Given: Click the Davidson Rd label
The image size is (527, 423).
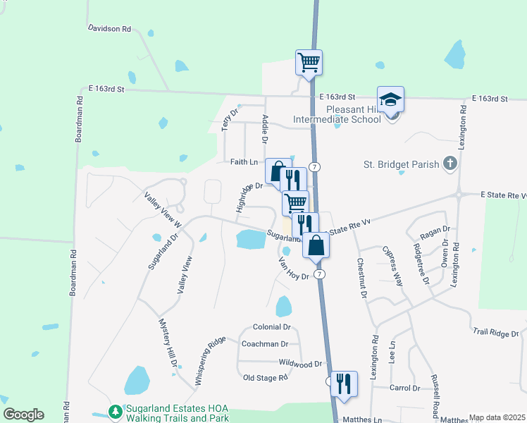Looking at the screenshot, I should tap(110, 29).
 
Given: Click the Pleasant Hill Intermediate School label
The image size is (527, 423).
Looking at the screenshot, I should tap(353, 114).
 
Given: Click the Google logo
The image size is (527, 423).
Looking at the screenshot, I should tap(23, 415).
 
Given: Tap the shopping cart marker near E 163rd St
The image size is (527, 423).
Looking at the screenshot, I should tap(309, 63).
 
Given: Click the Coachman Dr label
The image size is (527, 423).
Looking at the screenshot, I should tap(264, 344).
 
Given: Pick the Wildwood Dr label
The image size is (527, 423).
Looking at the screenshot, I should tap(300, 364).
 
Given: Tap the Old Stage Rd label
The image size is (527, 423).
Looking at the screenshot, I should tap(265, 378).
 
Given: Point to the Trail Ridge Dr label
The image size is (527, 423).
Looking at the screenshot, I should tap(495, 332).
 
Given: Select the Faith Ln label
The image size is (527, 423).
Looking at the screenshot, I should tap(244, 161).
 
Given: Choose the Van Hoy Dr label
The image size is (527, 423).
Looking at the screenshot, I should tap(294, 270).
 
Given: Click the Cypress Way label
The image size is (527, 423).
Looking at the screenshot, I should tap(392, 266).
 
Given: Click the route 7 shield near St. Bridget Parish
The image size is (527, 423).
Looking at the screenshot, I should tap(315, 166).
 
